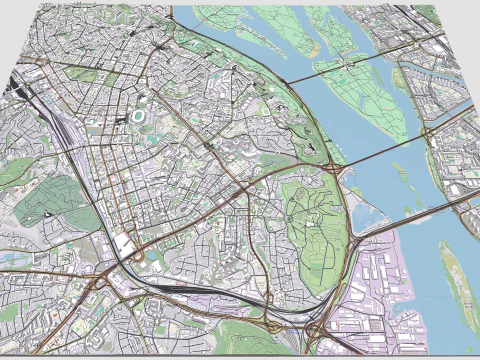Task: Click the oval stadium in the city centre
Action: pyautogui.click(x=137, y=117)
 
